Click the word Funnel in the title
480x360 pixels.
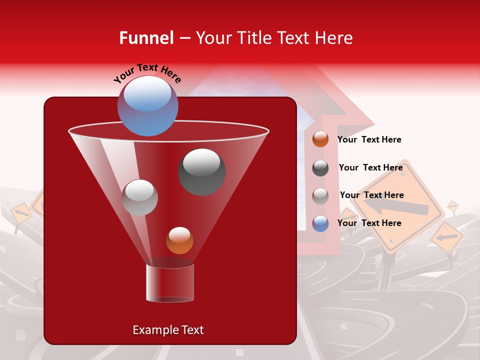146,38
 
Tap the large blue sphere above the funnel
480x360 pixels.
147,105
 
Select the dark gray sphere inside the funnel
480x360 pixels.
201,171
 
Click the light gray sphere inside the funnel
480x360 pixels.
139,197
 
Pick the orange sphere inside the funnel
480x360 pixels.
179,240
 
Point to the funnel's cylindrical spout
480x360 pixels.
170,283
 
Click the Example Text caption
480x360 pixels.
168,330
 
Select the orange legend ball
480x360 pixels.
320,139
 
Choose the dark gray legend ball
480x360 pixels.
320,168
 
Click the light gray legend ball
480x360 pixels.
320,196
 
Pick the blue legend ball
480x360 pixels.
320,223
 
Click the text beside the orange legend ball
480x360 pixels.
369,139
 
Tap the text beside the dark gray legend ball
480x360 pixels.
370,167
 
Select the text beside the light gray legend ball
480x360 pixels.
371,195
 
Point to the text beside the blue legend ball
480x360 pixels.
369,223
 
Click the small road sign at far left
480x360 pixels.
20,213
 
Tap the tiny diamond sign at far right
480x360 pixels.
452,205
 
